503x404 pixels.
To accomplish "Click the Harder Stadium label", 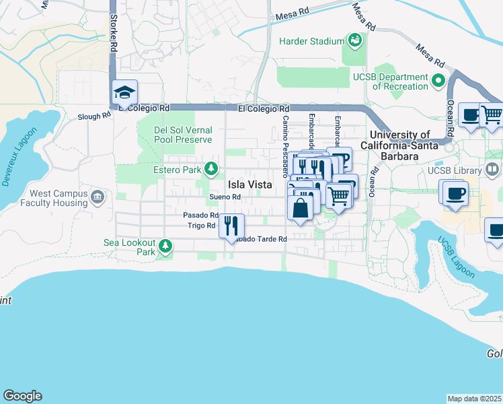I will click(x=311, y=41).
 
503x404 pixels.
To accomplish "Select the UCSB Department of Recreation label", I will click(x=391, y=81).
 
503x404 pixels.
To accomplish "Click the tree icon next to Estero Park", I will click(x=212, y=168).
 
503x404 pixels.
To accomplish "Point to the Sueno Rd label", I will click(x=225, y=197).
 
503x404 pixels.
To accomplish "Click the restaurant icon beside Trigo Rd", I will click(x=231, y=225).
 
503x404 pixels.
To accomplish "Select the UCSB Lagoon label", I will click(x=455, y=257).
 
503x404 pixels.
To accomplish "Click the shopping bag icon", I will click(x=301, y=207).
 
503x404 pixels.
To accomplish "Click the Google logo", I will click(x=22, y=396).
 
